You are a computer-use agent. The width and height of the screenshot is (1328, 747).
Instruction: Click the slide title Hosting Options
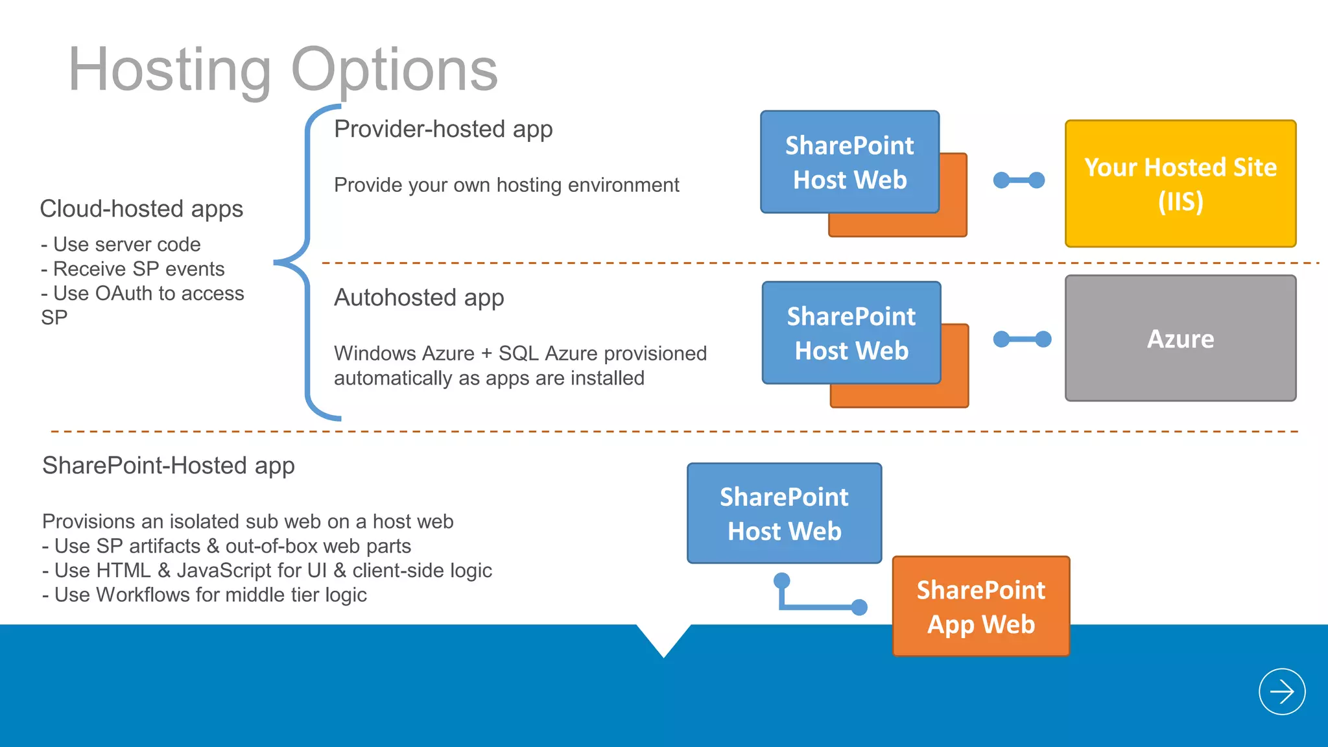point(283,70)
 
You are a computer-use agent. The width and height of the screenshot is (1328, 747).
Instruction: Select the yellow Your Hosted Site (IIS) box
point(1180,184)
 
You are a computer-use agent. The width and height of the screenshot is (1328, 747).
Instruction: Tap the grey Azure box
point(1180,338)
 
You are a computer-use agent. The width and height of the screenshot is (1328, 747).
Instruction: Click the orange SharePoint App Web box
point(980,607)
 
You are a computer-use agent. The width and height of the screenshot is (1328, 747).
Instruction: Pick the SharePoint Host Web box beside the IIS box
point(849,162)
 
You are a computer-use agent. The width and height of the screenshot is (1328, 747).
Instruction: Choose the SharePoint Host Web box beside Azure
point(851,333)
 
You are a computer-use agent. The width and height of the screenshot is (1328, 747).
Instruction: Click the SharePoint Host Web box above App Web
point(784,513)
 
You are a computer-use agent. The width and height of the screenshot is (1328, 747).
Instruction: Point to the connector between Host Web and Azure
point(1022,339)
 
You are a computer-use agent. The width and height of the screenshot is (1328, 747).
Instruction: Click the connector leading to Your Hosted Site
point(1019,180)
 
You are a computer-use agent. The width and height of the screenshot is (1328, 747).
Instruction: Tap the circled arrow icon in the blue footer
point(1281,692)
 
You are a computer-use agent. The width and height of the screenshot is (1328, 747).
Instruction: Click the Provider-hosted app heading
point(443,129)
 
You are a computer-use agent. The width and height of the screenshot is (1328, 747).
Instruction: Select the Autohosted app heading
point(418,298)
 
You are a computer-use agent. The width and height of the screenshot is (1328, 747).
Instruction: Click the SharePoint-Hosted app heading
point(168,466)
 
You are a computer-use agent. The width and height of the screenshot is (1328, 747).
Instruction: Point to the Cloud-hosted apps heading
point(141,209)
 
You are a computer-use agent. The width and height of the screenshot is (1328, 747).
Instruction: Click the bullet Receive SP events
point(133,269)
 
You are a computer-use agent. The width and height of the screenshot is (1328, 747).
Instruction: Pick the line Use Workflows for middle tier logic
point(204,595)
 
